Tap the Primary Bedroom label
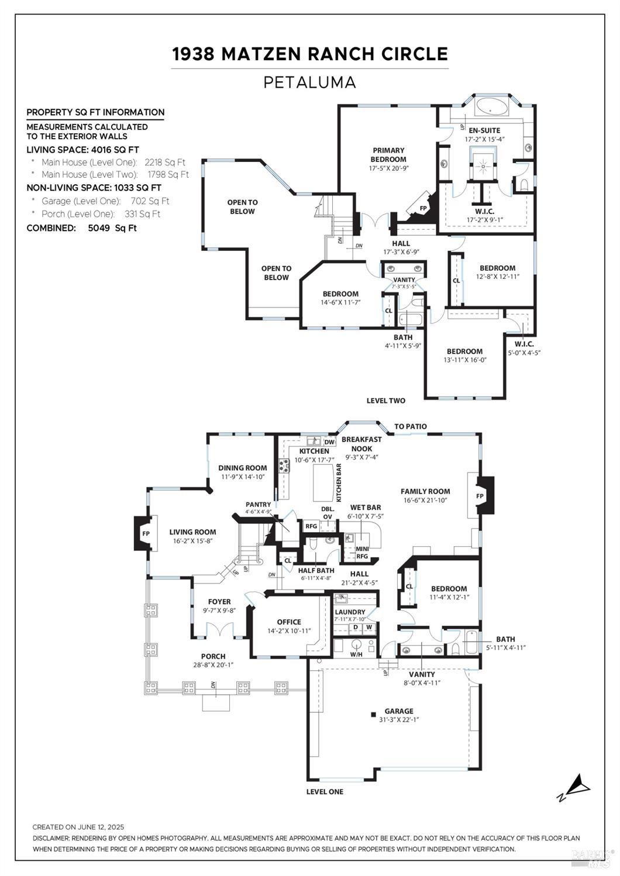coord(388,154)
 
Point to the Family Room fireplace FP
coord(481,496)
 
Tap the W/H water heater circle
coord(356,647)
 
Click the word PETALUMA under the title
coord(309,82)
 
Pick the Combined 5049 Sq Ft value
coord(112,228)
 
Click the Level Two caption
coord(385,401)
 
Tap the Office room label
coord(289,622)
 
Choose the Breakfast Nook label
coord(361,443)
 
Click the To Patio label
coord(410,426)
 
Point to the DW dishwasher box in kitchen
coord(329,442)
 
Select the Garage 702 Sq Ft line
coord(105,201)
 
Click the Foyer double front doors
coord(219,630)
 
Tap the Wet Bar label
coord(366,507)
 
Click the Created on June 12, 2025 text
coord(78,827)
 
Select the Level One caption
coord(325,791)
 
